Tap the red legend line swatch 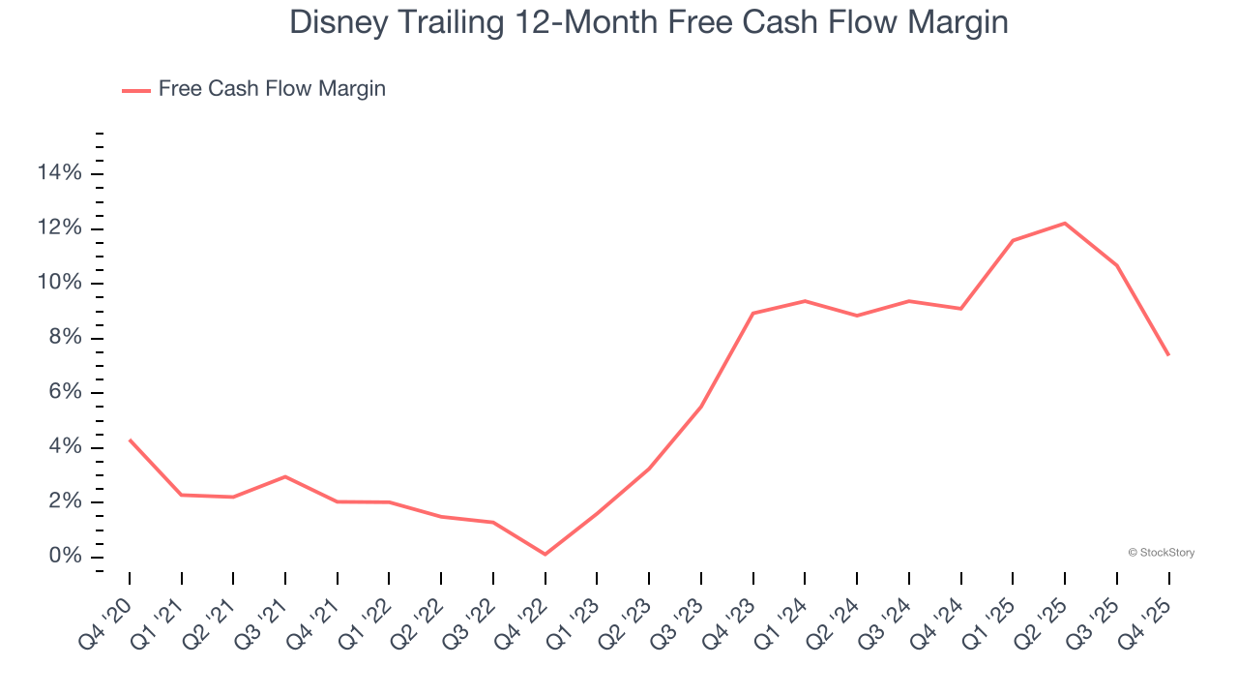coord(136,90)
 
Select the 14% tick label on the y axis coord(59,173)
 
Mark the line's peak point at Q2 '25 coord(1065,224)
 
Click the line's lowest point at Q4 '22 coord(545,555)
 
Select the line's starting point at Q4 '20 coord(130,439)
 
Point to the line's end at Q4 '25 coord(1168,355)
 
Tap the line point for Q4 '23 coord(752,314)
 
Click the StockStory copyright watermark coord(1161,553)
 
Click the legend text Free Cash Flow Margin coord(272,89)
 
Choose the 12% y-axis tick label coord(59,228)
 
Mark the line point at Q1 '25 coord(1013,240)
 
